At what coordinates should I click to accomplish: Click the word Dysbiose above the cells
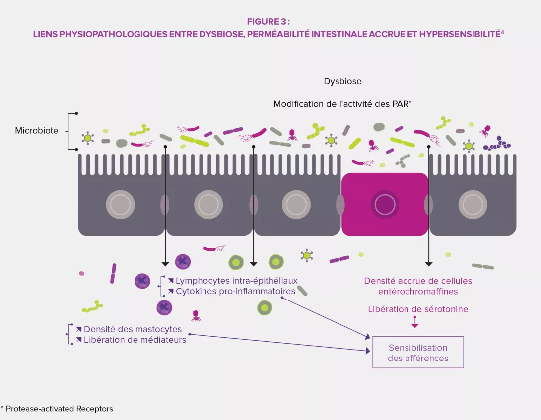pos(342,81)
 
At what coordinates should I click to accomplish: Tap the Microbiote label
pos(36,131)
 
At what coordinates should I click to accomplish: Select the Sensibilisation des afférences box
pos(418,353)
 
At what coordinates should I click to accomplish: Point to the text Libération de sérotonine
pos(418,309)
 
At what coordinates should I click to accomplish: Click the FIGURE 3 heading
pos(269,21)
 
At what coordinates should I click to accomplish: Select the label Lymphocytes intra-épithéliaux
pos(236,281)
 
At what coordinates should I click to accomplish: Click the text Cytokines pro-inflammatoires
pos(235,291)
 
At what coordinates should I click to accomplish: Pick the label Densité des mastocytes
pos(133,329)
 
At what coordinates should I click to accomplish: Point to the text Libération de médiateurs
pos(135,340)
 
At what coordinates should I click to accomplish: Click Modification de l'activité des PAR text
pos(343,104)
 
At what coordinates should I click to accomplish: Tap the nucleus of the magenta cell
pos(385,204)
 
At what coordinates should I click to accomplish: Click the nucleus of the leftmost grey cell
pos(120,204)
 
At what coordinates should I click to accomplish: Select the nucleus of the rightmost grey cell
pos(472,204)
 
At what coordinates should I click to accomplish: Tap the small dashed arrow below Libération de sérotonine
pos(415,322)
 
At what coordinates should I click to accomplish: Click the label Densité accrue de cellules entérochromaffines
pos(418,286)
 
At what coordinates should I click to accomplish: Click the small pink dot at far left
pos(81,273)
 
